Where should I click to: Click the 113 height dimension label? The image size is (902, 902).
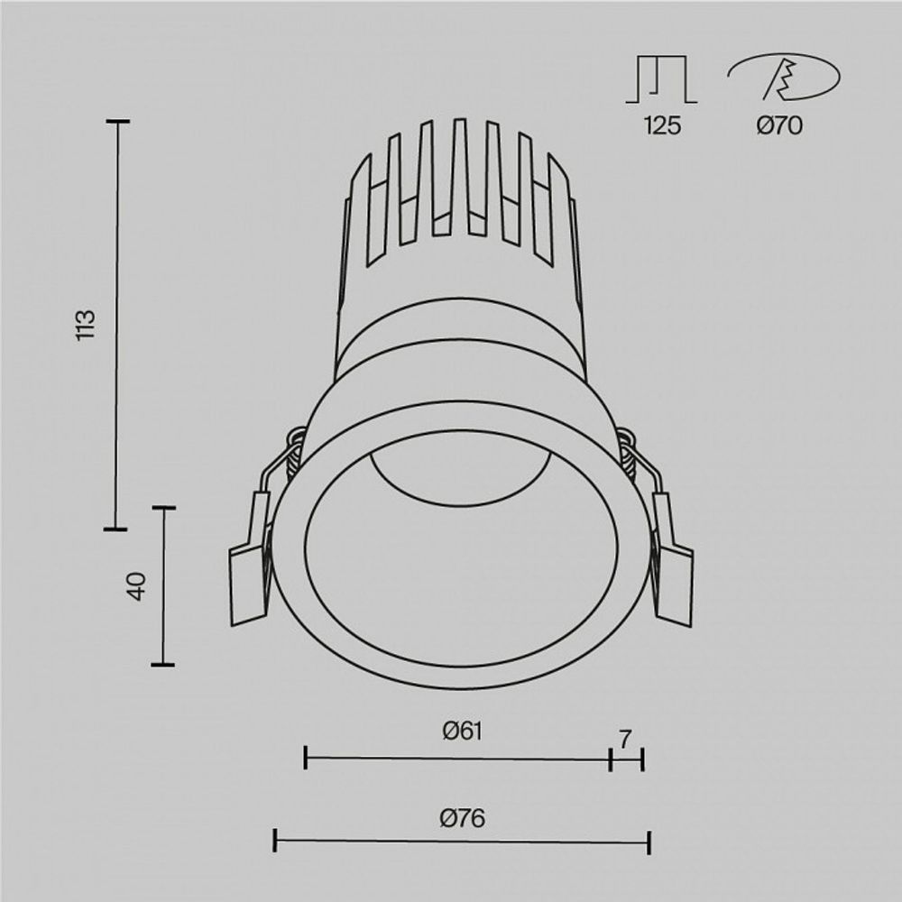(x=86, y=325)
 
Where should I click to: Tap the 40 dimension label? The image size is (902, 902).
(x=136, y=586)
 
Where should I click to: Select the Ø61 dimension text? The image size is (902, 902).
(x=462, y=732)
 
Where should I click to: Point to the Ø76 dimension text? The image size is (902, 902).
(x=462, y=818)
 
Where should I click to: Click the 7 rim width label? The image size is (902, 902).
(x=625, y=738)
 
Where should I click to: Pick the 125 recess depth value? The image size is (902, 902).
(x=662, y=126)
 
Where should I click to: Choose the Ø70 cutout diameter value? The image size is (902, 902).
(x=779, y=126)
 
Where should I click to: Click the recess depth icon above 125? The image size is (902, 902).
(x=662, y=79)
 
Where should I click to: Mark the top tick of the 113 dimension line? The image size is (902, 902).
(x=117, y=121)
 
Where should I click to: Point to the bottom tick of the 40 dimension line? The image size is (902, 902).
(x=162, y=665)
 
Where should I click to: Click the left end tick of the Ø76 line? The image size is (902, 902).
(x=275, y=842)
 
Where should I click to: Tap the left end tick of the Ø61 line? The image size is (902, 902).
(x=307, y=759)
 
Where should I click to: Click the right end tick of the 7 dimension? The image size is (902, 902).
(x=642, y=759)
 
